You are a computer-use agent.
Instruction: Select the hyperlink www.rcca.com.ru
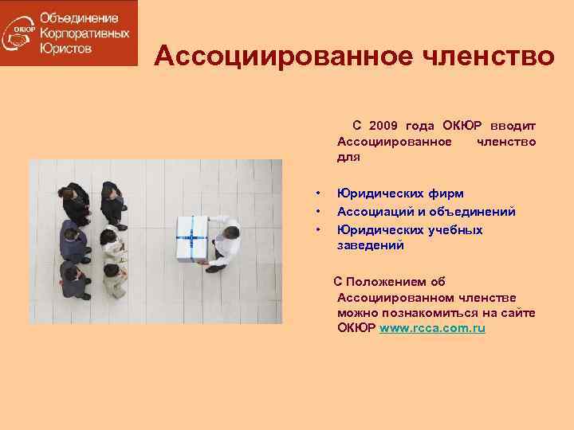coord(433,328)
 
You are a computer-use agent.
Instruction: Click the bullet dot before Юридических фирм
coord(317,193)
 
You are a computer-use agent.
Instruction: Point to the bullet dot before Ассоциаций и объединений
coord(317,212)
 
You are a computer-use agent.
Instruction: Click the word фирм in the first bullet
coord(445,193)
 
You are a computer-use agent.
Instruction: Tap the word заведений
coord(370,246)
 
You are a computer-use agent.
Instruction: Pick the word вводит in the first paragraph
coord(513,126)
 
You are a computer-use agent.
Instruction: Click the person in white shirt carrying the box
coord(224,243)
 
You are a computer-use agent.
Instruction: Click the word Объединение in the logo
coord(79,18)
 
